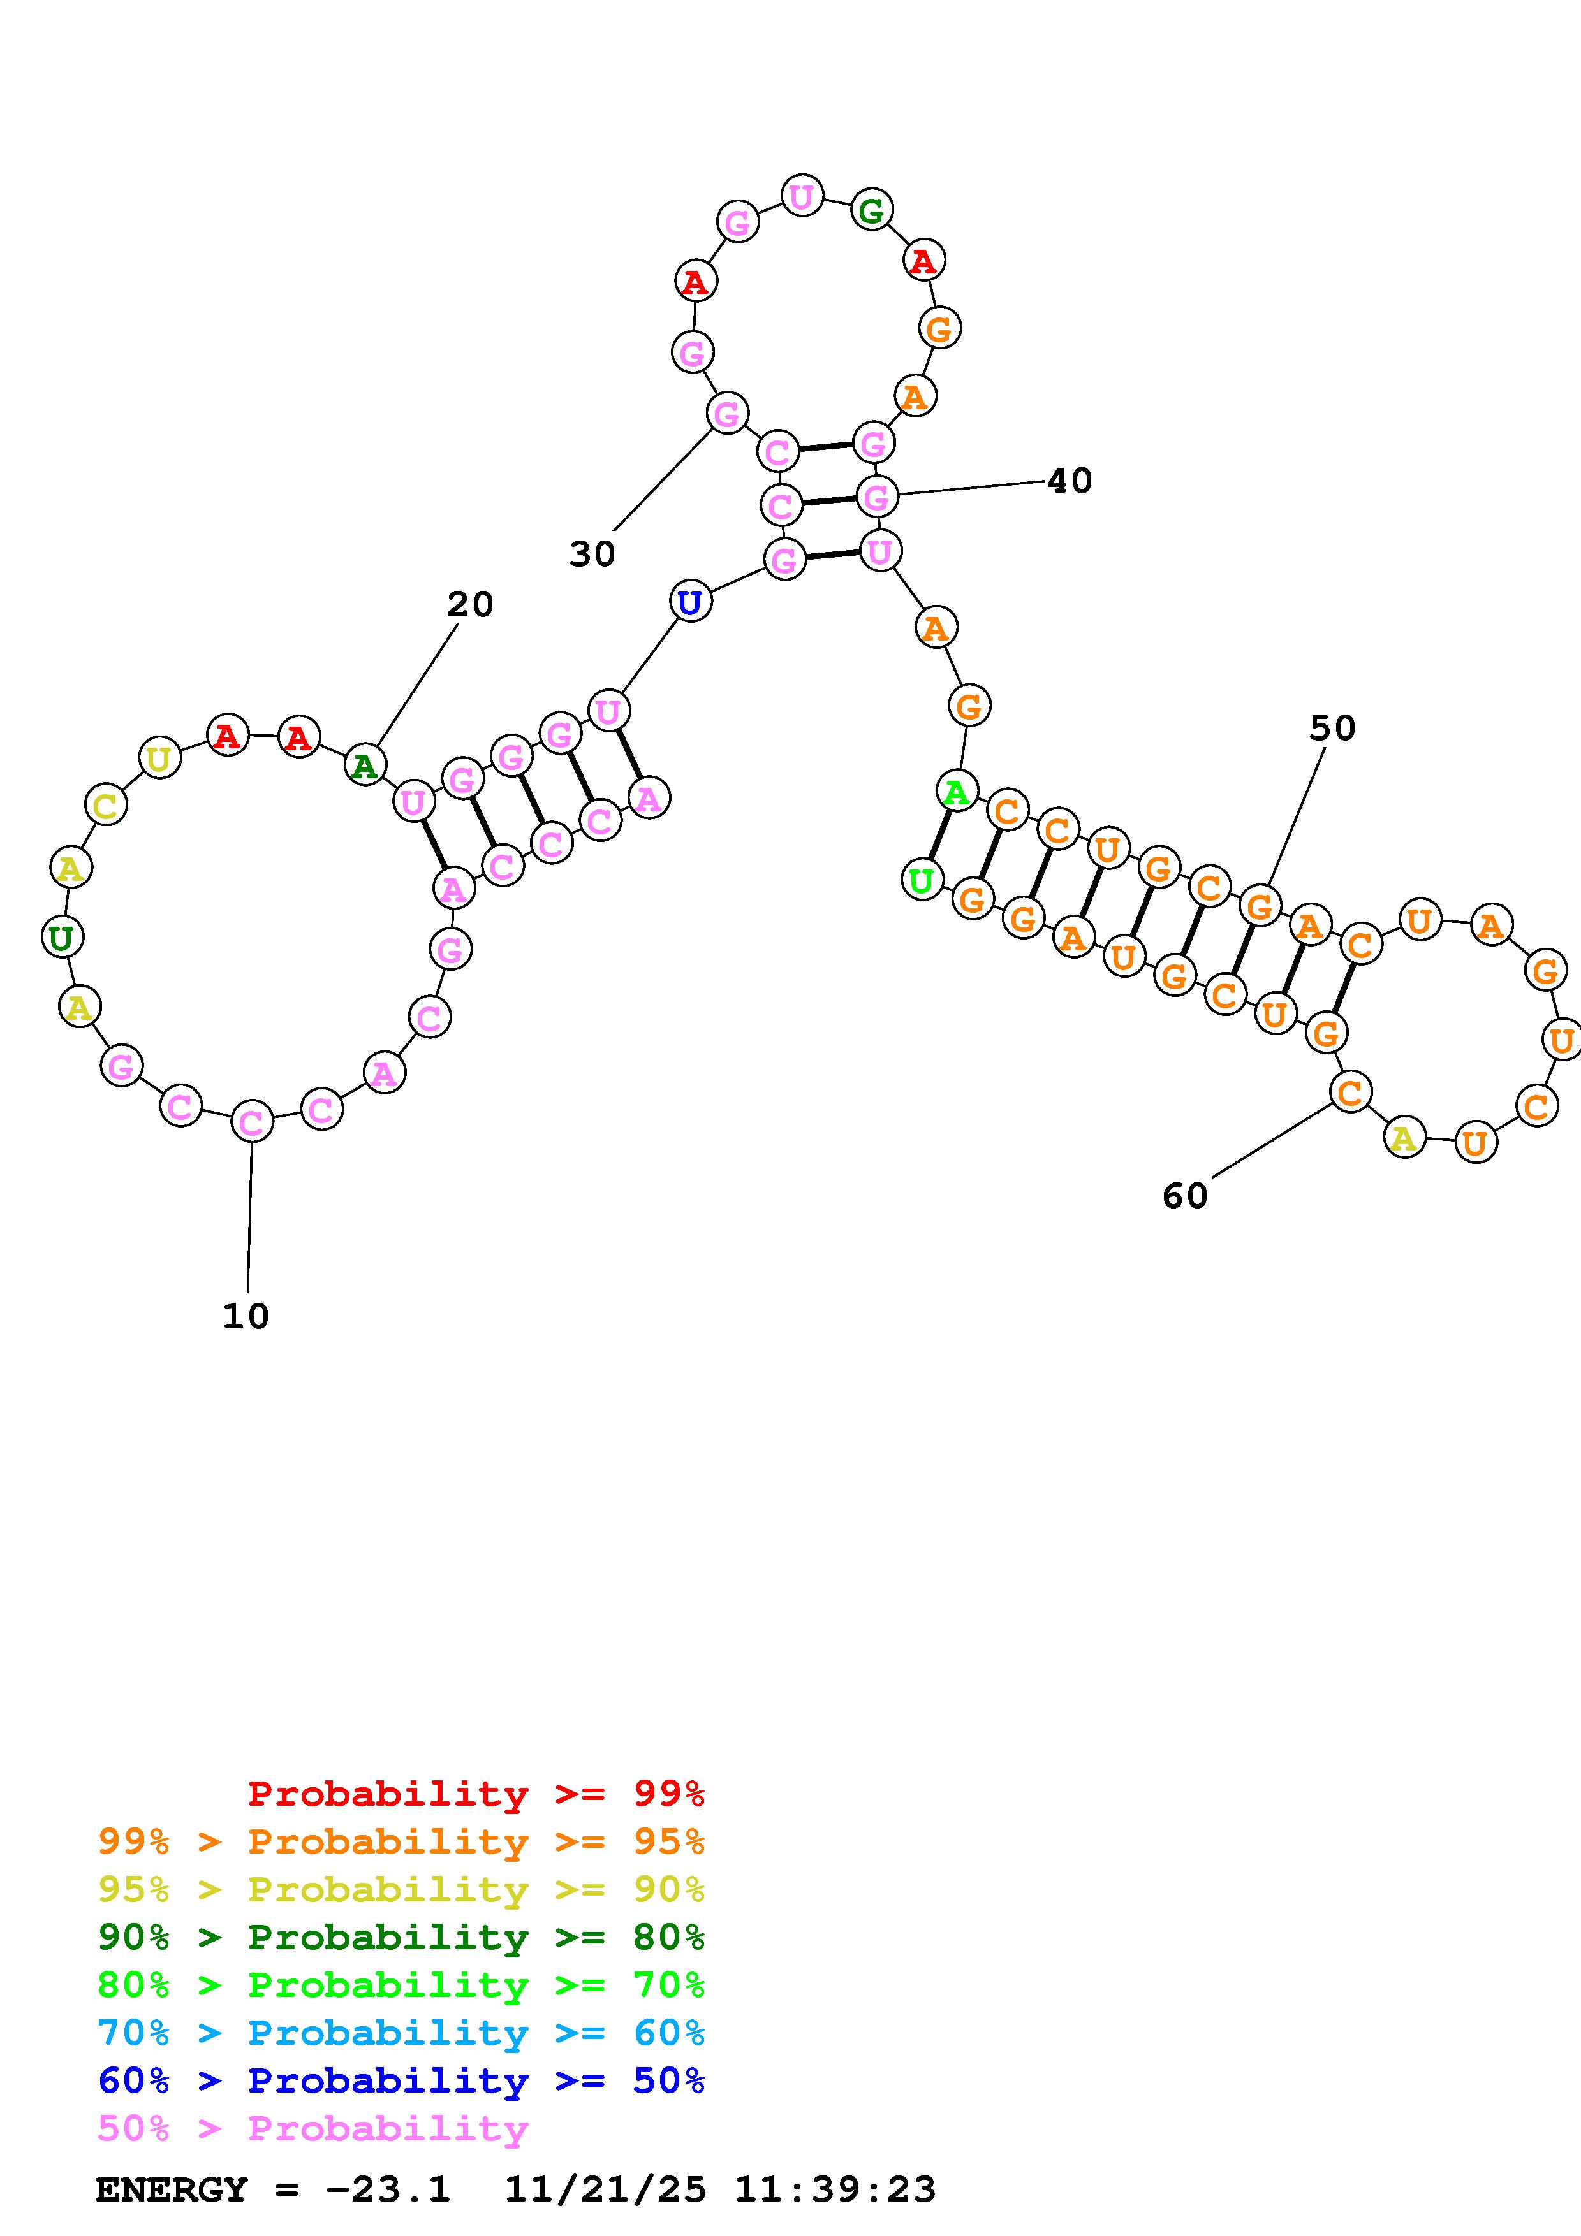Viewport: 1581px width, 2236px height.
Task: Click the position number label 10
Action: point(246,1316)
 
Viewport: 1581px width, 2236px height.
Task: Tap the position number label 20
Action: point(469,605)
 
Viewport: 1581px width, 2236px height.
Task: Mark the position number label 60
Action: point(1184,1196)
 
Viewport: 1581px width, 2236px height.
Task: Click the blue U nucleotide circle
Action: point(689,602)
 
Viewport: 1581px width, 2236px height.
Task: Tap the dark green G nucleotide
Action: point(871,209)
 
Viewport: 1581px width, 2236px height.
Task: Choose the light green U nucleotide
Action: point(920,880)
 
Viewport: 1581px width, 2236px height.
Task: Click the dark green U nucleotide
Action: point(61,938)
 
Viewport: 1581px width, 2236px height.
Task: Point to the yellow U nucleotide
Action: point(159,758)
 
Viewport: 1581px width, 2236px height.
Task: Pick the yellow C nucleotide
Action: point(105,806)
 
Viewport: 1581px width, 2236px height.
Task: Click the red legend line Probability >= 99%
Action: point(475,1794)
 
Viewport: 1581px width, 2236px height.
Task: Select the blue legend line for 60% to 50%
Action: point(401,2081)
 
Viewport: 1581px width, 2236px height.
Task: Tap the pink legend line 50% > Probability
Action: point(313,2129)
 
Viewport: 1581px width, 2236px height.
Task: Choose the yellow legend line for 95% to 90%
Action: point(401,1889)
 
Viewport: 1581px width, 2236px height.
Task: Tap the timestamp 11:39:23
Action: point(835,2190)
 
